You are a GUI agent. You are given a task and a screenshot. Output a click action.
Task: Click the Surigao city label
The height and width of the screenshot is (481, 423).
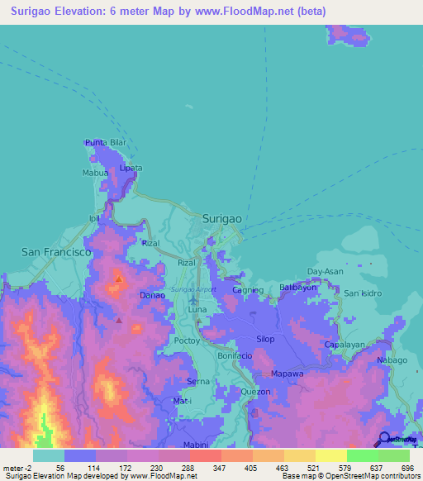[x=222, y=217]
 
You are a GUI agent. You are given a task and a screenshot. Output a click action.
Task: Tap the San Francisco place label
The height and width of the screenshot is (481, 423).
[x=56, y=251]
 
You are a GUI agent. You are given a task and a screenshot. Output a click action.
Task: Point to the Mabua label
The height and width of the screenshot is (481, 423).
[x=95, y=174]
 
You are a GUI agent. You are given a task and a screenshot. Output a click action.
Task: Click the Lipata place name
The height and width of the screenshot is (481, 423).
[x=131, y=168]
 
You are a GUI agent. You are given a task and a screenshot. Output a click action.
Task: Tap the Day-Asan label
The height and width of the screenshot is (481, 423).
[x=325, y=271]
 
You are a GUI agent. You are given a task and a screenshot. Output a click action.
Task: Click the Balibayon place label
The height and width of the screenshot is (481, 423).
[x=297, y=288]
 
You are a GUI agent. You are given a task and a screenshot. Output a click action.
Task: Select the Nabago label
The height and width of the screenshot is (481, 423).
[x=392, y=360]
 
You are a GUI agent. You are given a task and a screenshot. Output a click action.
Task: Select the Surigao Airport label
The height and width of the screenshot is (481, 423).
[x=194, y=289]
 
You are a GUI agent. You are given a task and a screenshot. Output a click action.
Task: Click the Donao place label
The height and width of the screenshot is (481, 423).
[x=152, y=295]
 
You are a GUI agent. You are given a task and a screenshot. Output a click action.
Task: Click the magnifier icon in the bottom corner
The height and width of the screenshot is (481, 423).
[x=384, y=439]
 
